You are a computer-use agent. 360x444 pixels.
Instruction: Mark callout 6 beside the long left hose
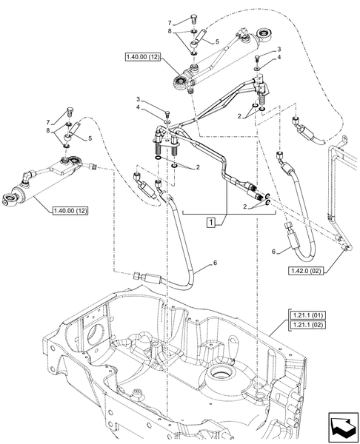[216, 263]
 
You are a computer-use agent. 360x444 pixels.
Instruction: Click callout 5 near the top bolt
[216, 43]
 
